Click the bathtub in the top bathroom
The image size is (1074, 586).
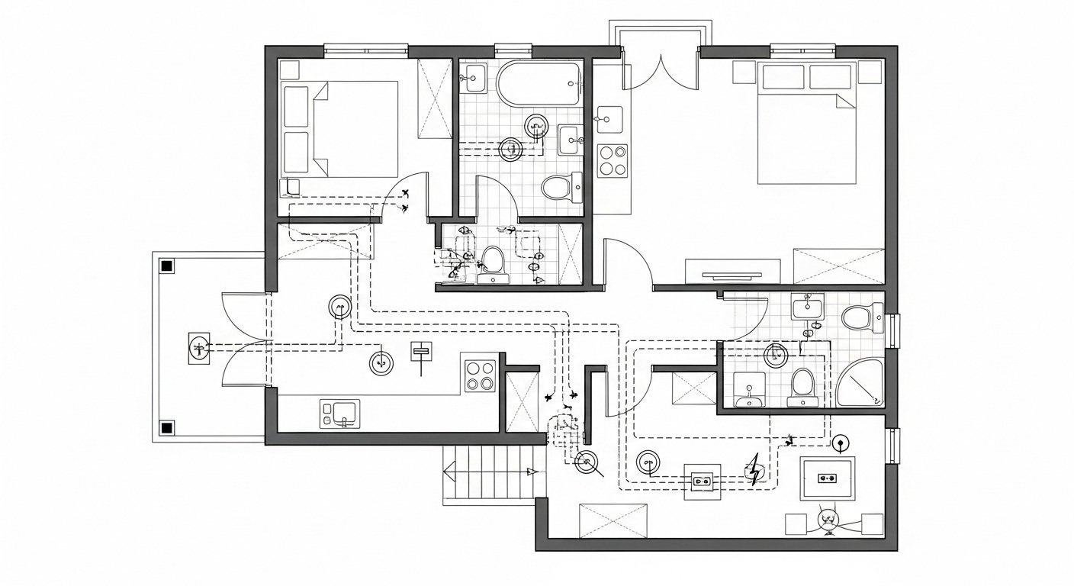[x=539, y=84]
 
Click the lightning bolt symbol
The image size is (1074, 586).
[x=754, y=470]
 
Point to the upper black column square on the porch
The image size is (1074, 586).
[x=166, y=266]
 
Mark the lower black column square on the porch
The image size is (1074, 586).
[x=166, y=427]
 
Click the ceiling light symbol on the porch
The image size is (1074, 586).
[x=198, y=349]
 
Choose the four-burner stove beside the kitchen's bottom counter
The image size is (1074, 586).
[x=481, y=375]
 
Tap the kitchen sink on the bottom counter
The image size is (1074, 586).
[x=340, y=414]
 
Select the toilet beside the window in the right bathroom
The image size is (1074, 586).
[x=862, y=317]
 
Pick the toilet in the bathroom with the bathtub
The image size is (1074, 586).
[x=562, y=186]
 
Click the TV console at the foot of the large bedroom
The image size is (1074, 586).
[x=732, y=272]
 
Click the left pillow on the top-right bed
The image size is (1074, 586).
[x=783, y=77]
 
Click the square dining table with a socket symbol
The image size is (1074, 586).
[x=827, y=478]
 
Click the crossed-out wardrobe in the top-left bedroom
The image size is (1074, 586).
[x=436, y=98]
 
